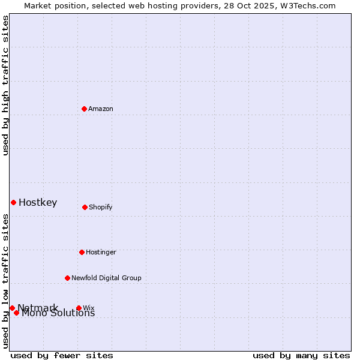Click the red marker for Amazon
[84, 109]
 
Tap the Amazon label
[101, 109]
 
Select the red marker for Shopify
[85, 207]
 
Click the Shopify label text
[101, 208]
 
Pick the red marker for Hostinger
[82, 252]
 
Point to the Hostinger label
[101, 253]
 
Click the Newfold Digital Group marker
[67, 278]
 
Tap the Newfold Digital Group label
[106, 278]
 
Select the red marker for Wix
[79, 308]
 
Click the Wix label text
[89, 308]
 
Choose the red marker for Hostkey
[13, 202]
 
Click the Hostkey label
[38, 203]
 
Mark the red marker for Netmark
[12, 308]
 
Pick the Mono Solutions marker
[17, 313]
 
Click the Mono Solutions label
[58, 313]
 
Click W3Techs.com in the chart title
[307, 6]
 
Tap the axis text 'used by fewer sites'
[62, 355]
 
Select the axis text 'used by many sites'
[301, 355]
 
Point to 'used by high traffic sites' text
[6, 85]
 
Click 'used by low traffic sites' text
[6, 281]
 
